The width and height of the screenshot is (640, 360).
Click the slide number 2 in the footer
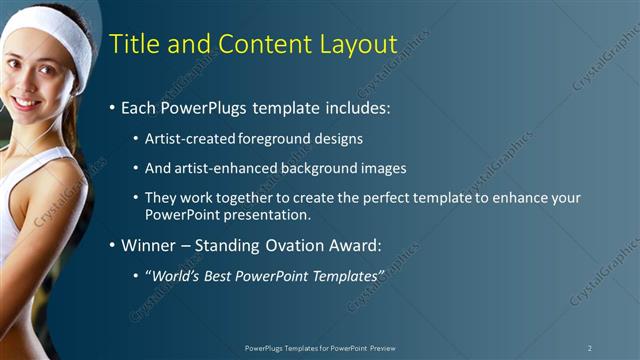point(590,348)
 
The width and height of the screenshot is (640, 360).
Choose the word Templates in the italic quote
point(343,274)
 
